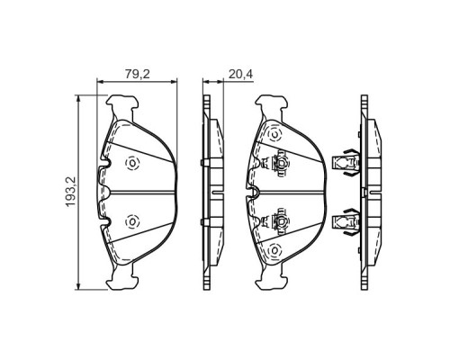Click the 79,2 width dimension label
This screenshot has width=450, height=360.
point(137,74)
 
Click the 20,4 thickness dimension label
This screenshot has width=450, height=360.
point(241,74)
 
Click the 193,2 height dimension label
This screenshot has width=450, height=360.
point(72,192)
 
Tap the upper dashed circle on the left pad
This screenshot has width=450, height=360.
point(132,164)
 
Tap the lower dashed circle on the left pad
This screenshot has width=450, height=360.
point(132,221)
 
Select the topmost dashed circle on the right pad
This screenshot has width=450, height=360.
point(274,135)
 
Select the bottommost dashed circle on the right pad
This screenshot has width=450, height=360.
point(274,249)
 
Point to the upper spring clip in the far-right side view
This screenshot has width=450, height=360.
point(346,163)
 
